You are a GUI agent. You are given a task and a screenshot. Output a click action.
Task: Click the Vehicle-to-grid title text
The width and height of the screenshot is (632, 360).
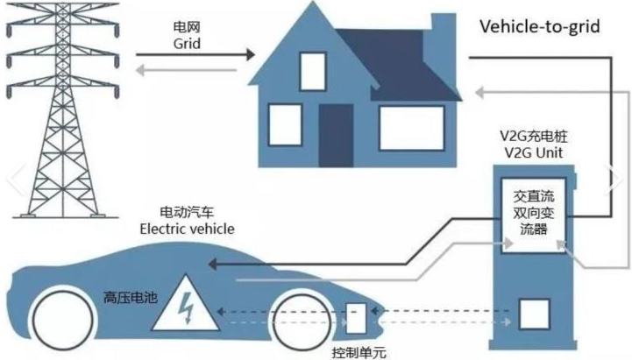pyautogui.click(x=539, y=26)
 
